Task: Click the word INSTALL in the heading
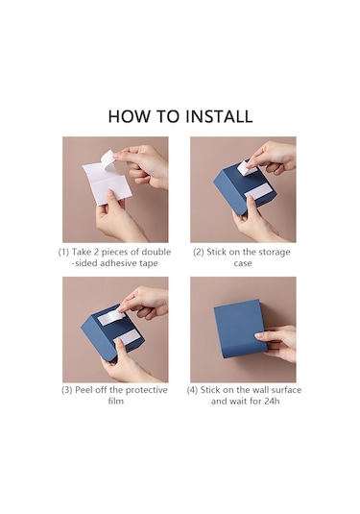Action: [x=219, y=116]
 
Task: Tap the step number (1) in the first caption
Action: [x=63, y=252]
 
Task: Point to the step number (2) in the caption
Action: [x=199, y=252]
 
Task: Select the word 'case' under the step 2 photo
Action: [x=243, y=263]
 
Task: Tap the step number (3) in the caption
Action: [x=67, y=390]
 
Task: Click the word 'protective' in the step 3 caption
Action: [x=147, y=390]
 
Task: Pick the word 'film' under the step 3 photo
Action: [x=115, y=401]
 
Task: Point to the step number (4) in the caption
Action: [x=192, y=390]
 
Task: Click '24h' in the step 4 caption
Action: [x=272, y=401]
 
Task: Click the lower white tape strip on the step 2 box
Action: [x=257, y=192]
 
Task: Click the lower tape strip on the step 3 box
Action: [x=128, y=337]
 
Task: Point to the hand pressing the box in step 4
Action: [x=277, y=343]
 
